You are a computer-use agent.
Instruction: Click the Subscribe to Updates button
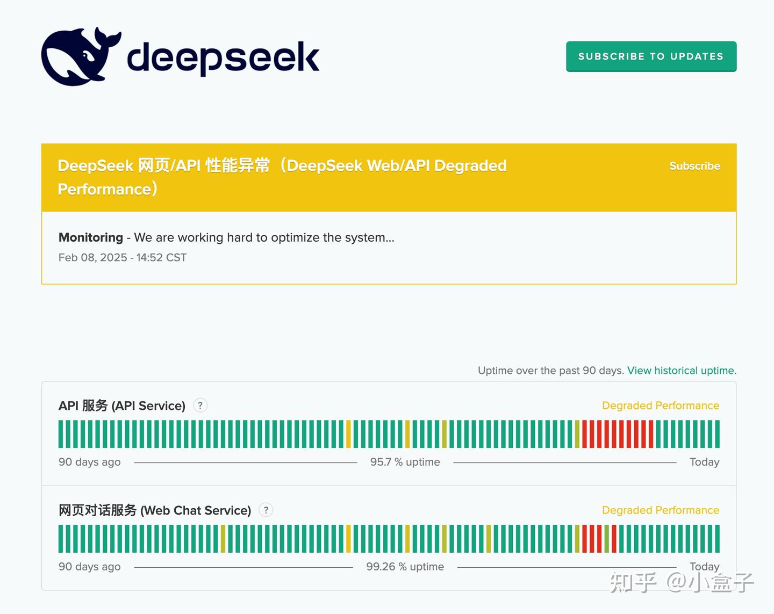click(x=651, y=56)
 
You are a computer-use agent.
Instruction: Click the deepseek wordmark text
click(x=223, y=57)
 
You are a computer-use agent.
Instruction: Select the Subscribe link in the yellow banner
click(x=694, y=166)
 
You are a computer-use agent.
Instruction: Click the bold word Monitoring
click(x=91, y=237)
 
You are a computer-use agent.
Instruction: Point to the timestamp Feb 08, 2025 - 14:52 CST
click(x=123, y=257)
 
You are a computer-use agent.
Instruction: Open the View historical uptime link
click(x=682, y=370)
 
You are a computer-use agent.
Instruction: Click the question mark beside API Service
click(x=200, y=406)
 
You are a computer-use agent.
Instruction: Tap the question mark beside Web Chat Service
click(x=266, y=510)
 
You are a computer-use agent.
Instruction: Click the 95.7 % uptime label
click(x=405, y=462)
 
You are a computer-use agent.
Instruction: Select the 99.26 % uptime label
click(x=405, y=567)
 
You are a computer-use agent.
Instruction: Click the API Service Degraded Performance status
click(x=660, y=406)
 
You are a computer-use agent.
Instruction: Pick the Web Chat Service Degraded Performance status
click(x=660, y=510)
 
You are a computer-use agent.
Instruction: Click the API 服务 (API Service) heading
click(x=122, y=406)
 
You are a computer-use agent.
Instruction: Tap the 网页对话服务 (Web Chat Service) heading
click(x=155, y=510)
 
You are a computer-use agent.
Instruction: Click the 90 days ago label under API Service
click(x=89, y=462)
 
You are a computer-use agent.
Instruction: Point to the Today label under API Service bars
click(x=704, y=462)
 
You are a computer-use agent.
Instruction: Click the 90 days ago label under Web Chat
click(x=89, y=567)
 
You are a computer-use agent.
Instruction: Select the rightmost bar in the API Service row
click(x=717, y=434)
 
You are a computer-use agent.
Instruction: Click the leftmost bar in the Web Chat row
click(x=61, y=538)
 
